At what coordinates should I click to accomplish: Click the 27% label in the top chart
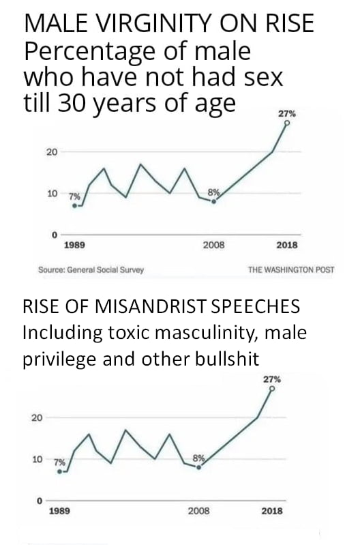(287, 114)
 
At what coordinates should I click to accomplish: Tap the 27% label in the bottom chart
(271, 378)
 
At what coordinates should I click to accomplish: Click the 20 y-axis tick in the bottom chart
(37, 417)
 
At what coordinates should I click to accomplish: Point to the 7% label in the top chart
(74, 195)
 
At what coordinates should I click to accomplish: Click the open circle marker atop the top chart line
(287, 124)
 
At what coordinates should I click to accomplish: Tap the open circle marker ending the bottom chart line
(271, 389)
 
